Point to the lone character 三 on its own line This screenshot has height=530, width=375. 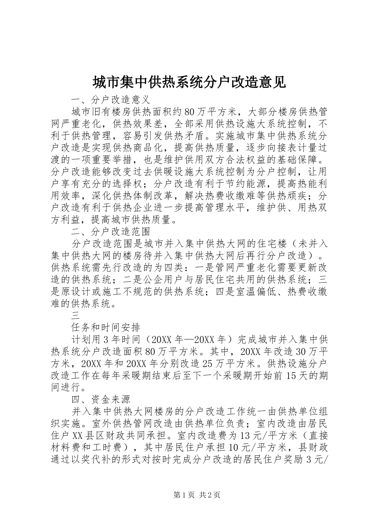click(76, 315)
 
